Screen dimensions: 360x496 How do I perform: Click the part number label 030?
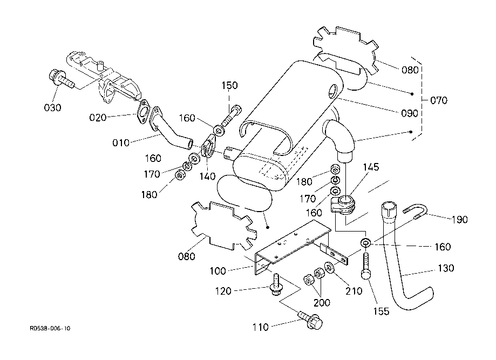[52, 107]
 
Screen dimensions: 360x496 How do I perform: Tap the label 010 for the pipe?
[121, 142]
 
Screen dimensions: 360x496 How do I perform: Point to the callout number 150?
[229, 86]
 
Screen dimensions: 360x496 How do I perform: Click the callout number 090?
[409, 113]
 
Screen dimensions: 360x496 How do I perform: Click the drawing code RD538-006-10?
[50, 328]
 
